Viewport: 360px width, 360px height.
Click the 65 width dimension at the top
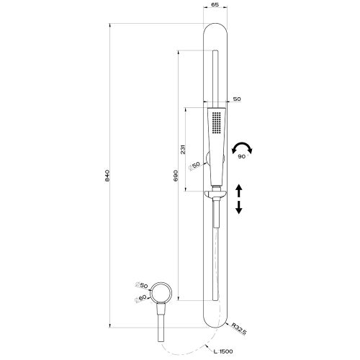click(215, 6)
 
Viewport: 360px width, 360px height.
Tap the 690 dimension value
click(176, 177)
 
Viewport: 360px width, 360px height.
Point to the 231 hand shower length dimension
click(184, 149)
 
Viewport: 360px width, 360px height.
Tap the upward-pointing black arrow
click(239, 190)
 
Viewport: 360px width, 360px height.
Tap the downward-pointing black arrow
click(239, 207)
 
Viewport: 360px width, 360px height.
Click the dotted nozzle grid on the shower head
click(216, 123)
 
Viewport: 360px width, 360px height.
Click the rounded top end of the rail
click(215, 29)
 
